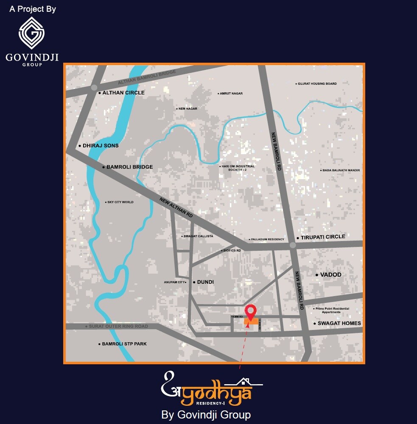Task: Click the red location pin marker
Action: (x=251, y=311)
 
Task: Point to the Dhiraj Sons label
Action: (x=101, y=146)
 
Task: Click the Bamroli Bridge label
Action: (x=129, y=167)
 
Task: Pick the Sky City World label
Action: (x=120, y=202)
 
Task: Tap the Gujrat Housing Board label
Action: (x=317, y=84)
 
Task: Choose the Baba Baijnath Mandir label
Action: (x=341, y=170)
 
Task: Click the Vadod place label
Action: (x=330, y=275)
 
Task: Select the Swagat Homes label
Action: (x=339, y=324)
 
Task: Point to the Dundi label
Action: (x=205, y=282)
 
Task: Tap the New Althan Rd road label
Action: (x=176, y=208)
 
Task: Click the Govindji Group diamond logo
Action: (x=32, y=33)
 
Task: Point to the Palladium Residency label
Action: (x=267, y=240)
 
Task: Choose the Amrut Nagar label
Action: (x=231, y=94)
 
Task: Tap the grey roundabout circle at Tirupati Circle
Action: (x=292, y=245)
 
